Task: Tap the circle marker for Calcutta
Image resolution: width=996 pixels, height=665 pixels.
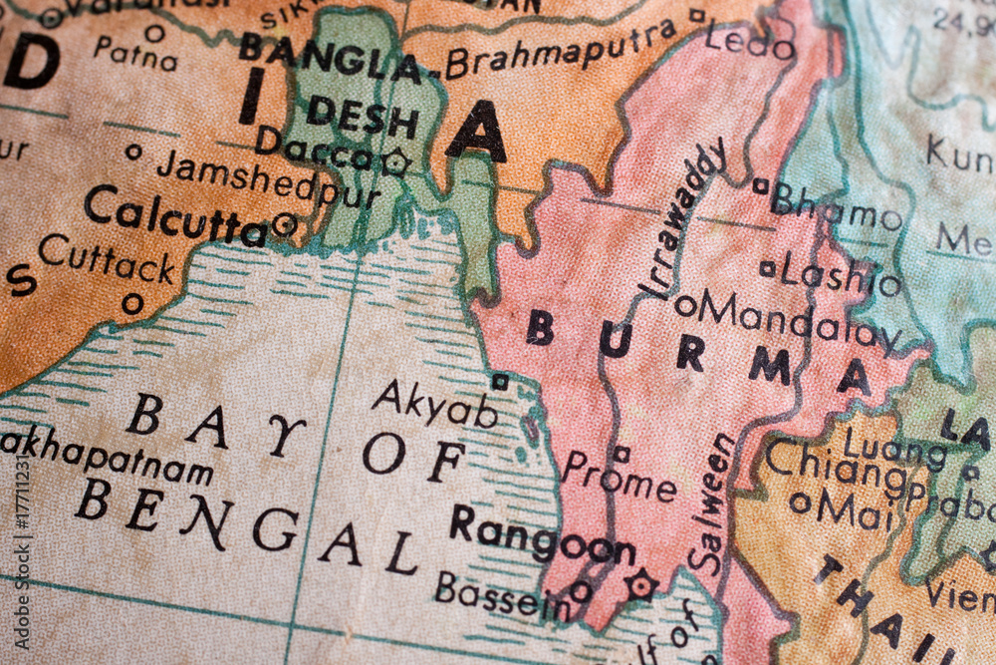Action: click(285, 224)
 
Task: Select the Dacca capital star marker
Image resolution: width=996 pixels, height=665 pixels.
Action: click(396, 162)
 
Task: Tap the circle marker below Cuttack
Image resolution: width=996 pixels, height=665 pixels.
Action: click(131, 303)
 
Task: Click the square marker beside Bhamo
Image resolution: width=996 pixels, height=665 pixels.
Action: click(761, 185)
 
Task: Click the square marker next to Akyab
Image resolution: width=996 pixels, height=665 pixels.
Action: click(500, 381)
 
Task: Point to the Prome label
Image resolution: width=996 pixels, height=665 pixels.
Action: click(619, 479)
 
